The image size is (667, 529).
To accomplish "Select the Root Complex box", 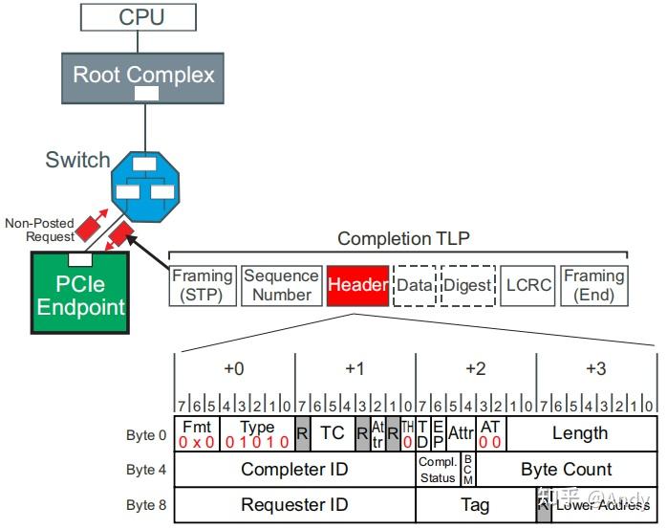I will pos(144,75).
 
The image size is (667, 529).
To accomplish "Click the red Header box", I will pos(358,285).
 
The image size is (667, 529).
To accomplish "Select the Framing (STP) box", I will pos(203,285).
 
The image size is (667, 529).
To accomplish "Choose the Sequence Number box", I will pos(281,285).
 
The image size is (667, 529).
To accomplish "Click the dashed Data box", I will pos(415,285).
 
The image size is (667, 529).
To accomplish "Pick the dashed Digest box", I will pos(468,285).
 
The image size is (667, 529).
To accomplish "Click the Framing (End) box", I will pos(593,285).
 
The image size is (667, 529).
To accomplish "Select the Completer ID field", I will pos(294,469).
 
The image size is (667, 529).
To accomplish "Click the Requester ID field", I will pos(294,504).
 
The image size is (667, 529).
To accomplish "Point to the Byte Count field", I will pos(567,469).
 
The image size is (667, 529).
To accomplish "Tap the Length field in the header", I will pos(580,432).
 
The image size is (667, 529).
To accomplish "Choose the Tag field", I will pos(475,504).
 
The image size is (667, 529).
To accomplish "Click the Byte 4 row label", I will pos(145,469).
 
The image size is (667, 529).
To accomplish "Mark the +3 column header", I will pos(595,368).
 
